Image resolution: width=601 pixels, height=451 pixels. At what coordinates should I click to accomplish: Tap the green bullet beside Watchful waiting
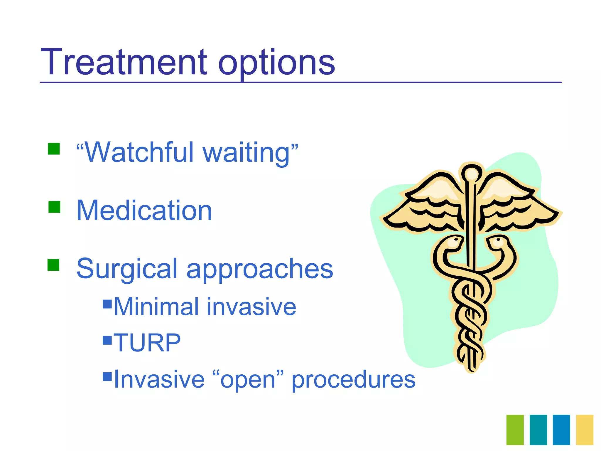54,149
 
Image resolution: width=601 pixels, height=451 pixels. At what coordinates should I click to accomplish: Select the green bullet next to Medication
54,207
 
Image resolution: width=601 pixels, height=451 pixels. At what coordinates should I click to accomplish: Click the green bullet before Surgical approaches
53,265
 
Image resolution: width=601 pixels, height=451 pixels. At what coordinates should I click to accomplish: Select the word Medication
144,210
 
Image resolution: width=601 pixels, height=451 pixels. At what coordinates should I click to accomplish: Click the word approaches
259,270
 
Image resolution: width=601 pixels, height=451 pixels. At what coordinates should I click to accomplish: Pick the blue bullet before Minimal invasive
107,304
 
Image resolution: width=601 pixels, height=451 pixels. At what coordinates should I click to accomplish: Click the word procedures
353,380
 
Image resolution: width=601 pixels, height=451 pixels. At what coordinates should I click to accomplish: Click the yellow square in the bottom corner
585,430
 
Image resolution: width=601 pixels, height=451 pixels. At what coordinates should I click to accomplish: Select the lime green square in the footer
515,430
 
